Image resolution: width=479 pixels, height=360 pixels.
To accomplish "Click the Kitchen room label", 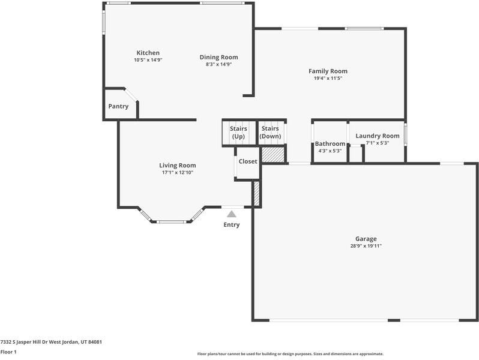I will pyautogui.click(x=148, y=53).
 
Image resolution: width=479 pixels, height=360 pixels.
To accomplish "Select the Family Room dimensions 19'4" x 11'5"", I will pyautogui.click(x=328, y=78).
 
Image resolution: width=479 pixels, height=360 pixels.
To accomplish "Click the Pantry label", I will pyautogui.click(x=118, y=106).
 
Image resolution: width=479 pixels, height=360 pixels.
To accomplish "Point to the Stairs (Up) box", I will pyautogui.click(x=238, y=133).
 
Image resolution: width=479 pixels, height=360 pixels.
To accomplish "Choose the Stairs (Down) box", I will pyautogui.click(x=270, y=133).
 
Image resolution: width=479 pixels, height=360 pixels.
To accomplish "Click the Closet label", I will pyautogui.click(x=248, y=161).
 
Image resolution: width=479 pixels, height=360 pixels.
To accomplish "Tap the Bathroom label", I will pyautogui.click(x=330, y=143).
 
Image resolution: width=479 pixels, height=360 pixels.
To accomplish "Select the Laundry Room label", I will pyautogui.click(x=377, y=136).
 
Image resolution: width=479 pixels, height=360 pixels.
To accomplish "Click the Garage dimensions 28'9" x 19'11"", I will pyautogui.click(x=366, y=246).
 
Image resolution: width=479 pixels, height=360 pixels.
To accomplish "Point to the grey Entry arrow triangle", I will pyautogui.click(x=231, y=213).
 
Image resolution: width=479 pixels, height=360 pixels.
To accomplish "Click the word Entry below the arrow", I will pyautogui.click(x=231, y=225).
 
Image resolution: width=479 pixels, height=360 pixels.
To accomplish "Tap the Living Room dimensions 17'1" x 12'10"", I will pyautogui.click(x=177, y=173).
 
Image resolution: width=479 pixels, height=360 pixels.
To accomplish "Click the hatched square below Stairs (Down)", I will pyautogui.click(x=272, y=155).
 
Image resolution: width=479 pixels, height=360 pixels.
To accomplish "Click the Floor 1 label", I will pyautogui.click(x=8, y=352).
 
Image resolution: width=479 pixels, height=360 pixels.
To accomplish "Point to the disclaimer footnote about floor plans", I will pyautogui.click(x=290, y=354).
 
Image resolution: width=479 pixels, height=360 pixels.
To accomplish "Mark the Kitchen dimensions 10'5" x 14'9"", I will pyautogui.click(x=148, y=60).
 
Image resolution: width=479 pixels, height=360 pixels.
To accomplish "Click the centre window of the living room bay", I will pyautogui.click(x=172, y=222).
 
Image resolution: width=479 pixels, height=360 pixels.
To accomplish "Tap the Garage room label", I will pyautogui.click(x=366, y=239).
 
